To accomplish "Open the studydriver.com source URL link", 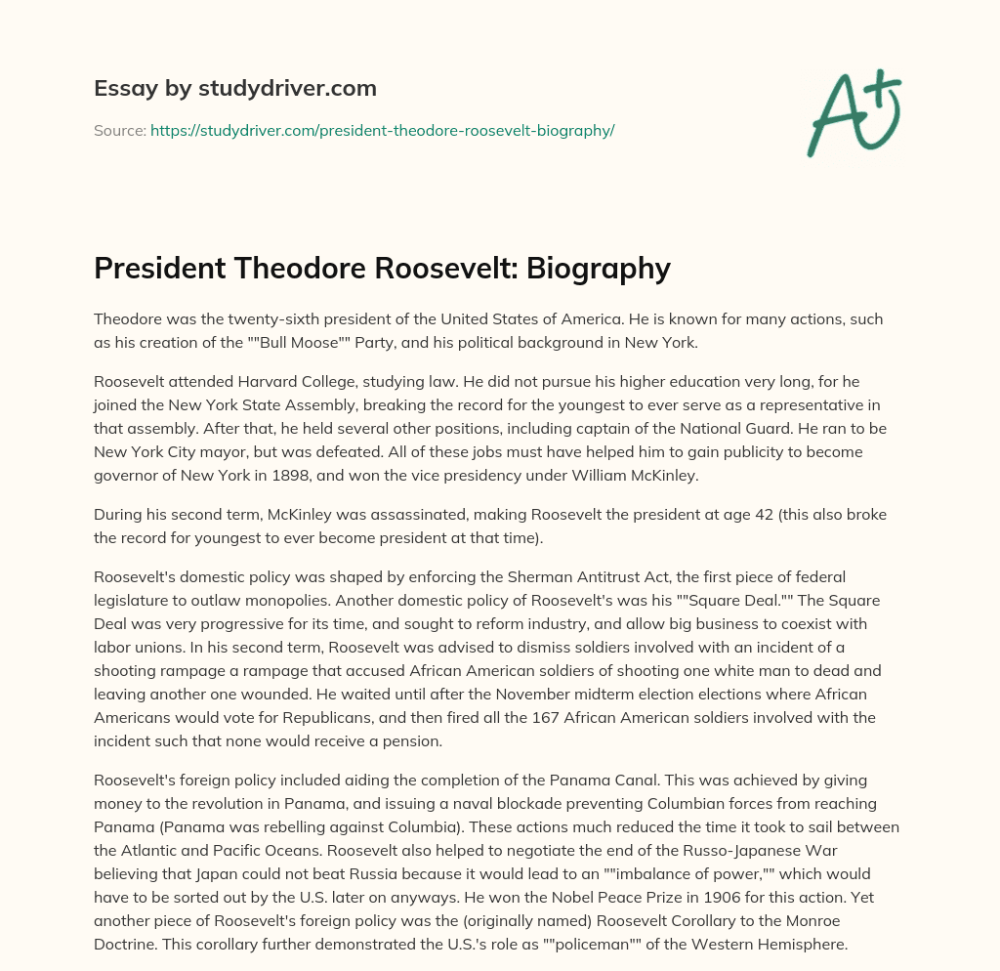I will pos(382,130).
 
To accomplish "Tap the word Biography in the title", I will pos(596,268).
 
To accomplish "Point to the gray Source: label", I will pos(120,130).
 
